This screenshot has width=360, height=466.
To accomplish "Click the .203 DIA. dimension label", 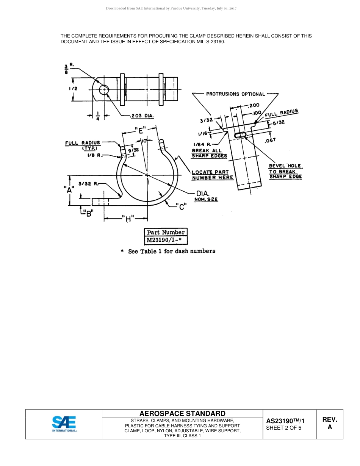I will (142, 116).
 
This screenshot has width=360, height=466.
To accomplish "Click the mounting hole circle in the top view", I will (104, 89).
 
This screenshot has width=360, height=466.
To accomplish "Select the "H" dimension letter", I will (128, 218).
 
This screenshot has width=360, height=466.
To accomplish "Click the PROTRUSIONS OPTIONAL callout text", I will (235, 94).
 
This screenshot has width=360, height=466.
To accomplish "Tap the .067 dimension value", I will (270, 140).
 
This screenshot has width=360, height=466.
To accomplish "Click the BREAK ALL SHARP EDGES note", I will (209, 153).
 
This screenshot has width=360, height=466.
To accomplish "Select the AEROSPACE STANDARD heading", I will (182, 413).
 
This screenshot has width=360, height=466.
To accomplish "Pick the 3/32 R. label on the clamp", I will (89, 184).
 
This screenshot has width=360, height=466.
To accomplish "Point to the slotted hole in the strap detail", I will (241, 135).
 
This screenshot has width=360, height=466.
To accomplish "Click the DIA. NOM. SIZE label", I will (205, 196).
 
